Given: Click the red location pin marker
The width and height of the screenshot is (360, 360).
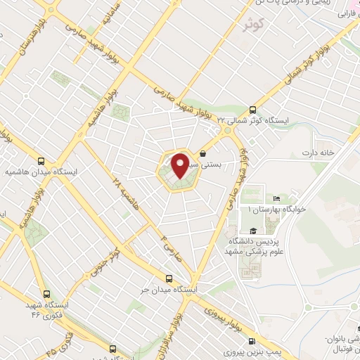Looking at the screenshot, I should [x=180, y=165].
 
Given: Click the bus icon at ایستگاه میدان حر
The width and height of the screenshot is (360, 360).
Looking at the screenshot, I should [x=168, y=278].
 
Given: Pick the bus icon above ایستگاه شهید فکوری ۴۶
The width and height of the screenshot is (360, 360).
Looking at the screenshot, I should [x=46, y=295].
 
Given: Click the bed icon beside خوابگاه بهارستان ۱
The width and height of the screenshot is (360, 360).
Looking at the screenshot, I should [x=276, y=199].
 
